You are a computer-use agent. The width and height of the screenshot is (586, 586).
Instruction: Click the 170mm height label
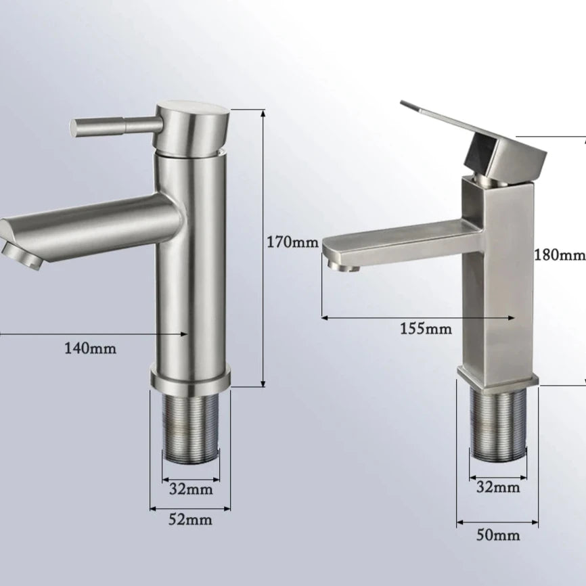[x=292, y=242]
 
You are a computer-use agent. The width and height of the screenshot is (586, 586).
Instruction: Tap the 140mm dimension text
[x=91, y=348]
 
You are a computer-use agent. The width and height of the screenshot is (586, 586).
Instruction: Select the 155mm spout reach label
[x=426, y=329]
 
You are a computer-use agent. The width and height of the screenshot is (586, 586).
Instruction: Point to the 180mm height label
[x=560, y=255]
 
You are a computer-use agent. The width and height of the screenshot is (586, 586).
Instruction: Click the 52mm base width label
[x=190, y=520]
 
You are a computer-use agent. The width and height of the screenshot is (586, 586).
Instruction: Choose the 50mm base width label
[x=498, y=535]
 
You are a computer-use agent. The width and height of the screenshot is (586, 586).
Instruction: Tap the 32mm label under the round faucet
[x=191, y=489]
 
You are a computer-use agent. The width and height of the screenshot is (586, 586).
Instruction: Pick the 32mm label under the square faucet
[x=498, y=487]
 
